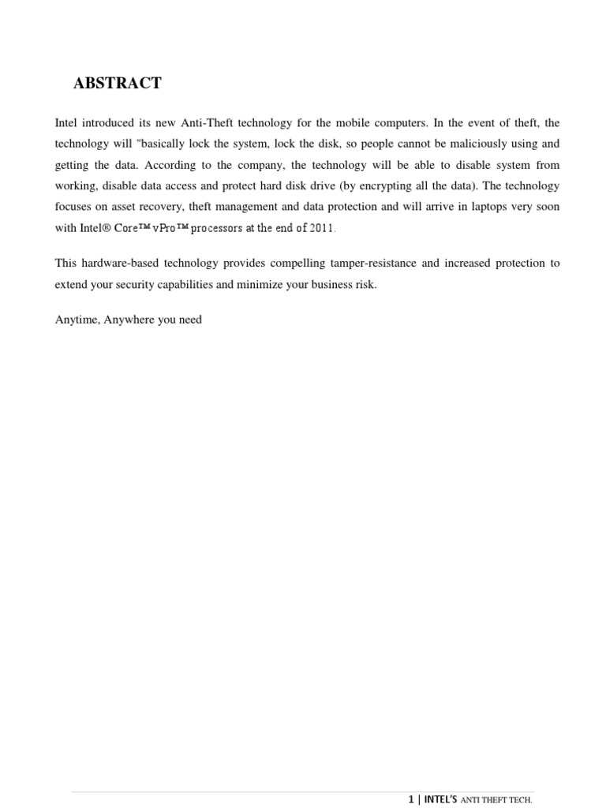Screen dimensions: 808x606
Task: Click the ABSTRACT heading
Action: pos(118,83)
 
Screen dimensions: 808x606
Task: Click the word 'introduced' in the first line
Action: pos(110,124)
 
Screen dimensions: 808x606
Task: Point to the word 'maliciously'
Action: pos(471,145)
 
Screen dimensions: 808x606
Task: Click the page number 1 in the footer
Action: pos(411,799)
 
